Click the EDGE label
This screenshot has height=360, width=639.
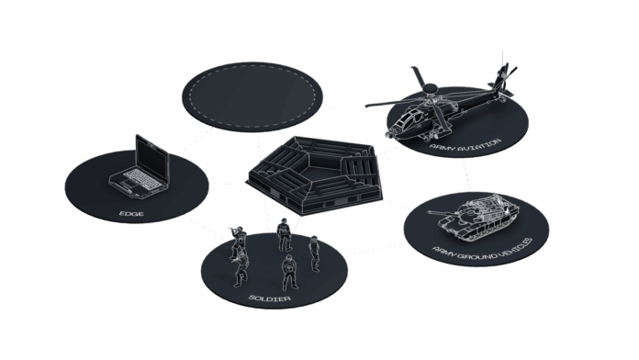131,214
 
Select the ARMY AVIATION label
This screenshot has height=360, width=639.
465,145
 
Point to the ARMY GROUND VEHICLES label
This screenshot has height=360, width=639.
483,250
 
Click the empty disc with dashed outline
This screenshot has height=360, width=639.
252,96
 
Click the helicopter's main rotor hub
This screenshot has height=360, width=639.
430,88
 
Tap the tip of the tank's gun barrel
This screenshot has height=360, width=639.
429,212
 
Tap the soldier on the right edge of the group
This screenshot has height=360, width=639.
314,253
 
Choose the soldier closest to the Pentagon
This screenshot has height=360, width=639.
284,234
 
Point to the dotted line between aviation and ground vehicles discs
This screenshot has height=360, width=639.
466,174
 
